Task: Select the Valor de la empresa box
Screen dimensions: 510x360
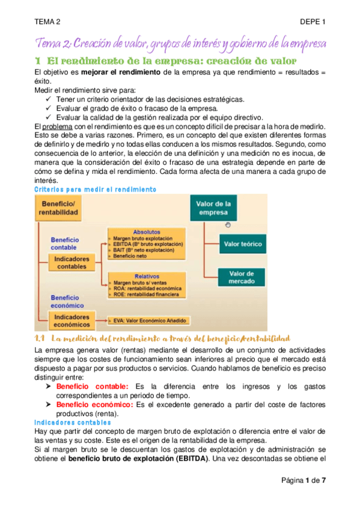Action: tap(214, 209)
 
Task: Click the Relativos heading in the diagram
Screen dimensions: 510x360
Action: tap(142, 275)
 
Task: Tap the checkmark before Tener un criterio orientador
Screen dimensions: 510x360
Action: tap(49, 99)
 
